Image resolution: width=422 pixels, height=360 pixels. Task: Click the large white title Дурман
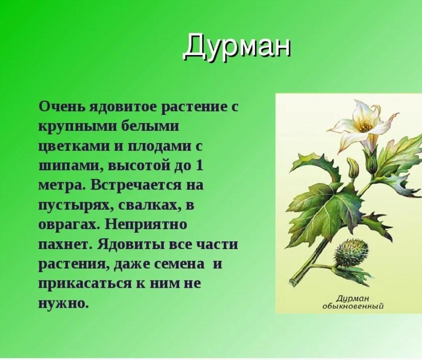click(x=237, y=46)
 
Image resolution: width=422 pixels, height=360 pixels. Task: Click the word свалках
click(x=146, y=205)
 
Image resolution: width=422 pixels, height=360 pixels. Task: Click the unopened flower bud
click(x=352, y=167)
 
